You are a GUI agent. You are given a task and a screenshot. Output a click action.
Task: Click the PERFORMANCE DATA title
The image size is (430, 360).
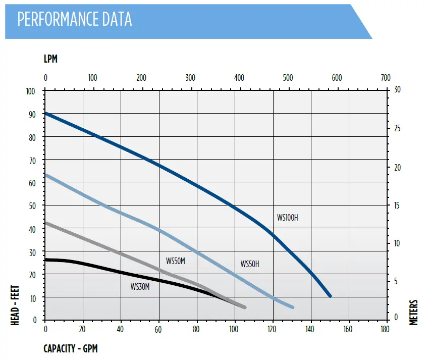(x=75, y=19)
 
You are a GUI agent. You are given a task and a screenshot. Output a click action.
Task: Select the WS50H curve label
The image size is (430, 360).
(x=250, y=264)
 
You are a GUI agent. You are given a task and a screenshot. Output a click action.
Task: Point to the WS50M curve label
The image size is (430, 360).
(x=176, y=261)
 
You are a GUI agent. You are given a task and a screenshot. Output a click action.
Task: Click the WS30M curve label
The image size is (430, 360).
(x=140, y=287)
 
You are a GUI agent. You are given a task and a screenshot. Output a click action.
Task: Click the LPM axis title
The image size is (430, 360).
(x=50, y=59)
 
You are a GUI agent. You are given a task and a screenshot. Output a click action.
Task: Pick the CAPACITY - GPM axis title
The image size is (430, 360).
(x=70, y=348)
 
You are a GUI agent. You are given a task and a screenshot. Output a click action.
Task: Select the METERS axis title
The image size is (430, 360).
(x=414, y=313)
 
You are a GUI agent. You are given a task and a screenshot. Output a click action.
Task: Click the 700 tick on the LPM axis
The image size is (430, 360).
(x=385, y=78)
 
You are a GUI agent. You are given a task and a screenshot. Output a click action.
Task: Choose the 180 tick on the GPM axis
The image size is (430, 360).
(x=385, y=330)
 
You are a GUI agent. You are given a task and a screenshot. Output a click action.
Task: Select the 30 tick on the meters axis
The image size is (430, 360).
(x=397, y=90)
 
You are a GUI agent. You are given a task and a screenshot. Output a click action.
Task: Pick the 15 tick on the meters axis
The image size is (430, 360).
(x=397, y=205)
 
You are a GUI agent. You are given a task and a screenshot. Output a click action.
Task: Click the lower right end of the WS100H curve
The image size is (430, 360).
(x=330, y=296)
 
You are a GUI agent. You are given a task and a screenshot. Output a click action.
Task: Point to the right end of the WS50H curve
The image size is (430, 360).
(x=292, y=306)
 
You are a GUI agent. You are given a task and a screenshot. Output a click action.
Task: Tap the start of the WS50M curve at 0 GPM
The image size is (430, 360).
(x=46, y=223)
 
